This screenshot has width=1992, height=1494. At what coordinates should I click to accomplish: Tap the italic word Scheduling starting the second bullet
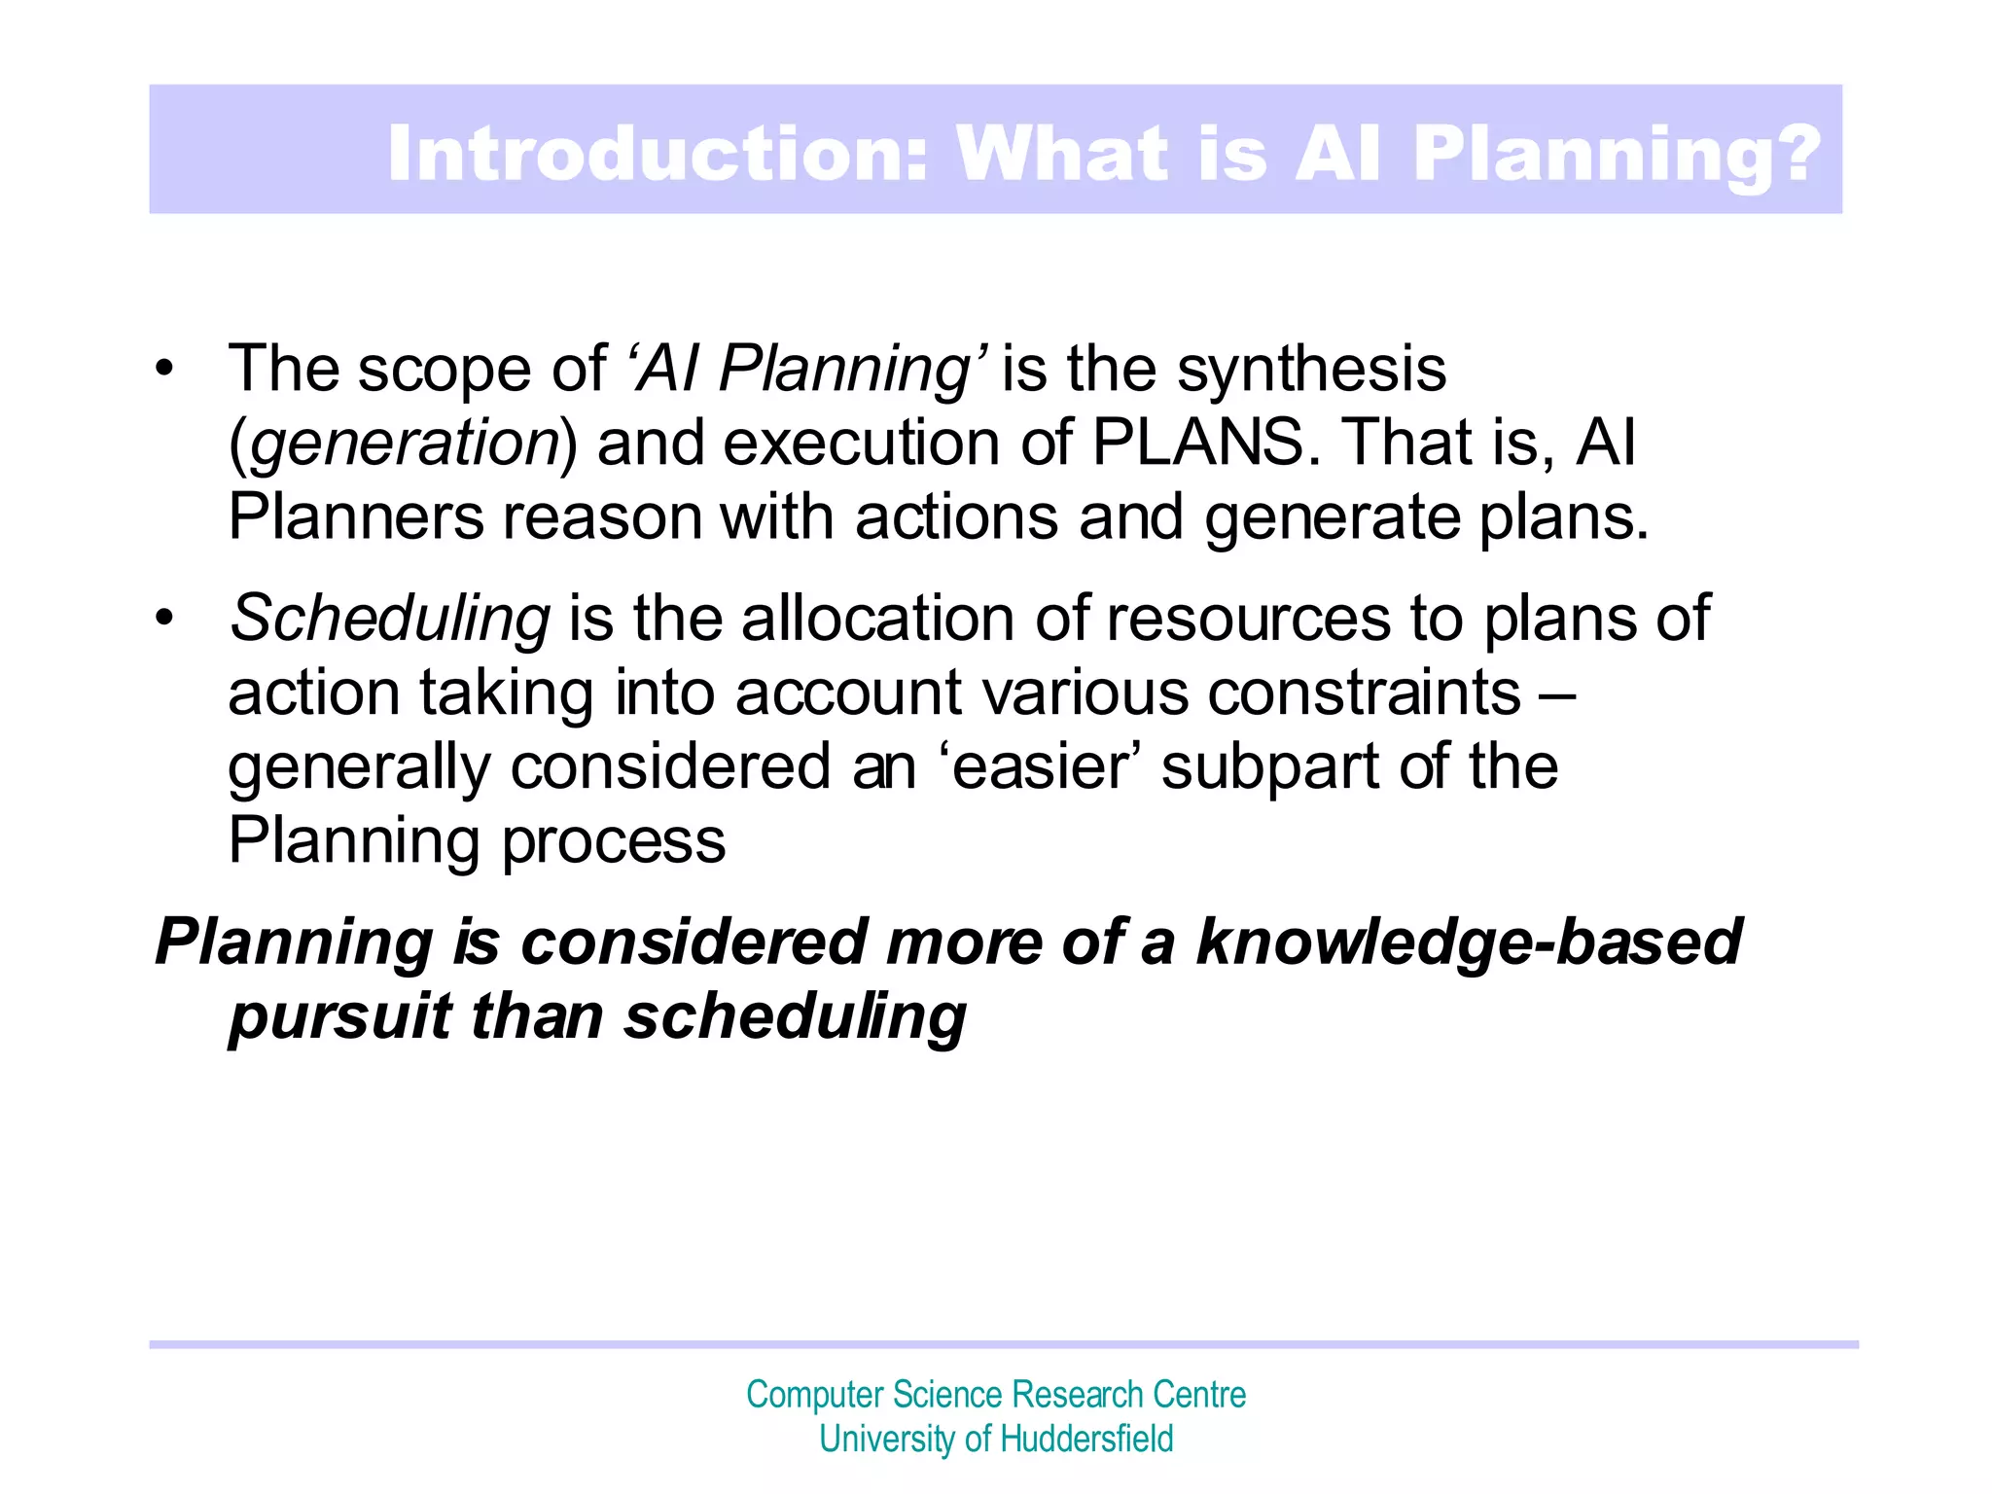[390, 619]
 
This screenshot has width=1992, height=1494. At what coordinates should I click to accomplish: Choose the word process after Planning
[614, 840]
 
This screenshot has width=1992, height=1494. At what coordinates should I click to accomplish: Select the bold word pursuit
[339, 1017]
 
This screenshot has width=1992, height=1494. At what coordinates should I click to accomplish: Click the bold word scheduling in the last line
[795, 1017]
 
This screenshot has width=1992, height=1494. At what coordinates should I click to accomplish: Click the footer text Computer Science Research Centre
[996, 1395]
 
